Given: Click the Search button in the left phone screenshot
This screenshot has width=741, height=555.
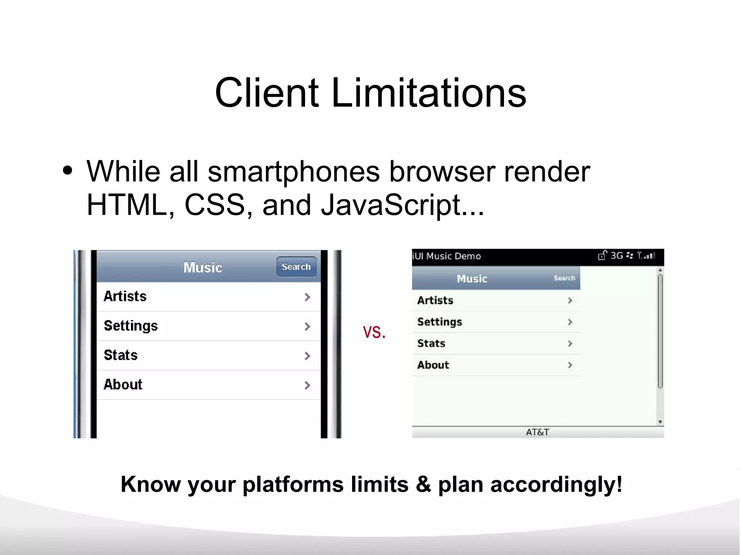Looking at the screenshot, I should [x=296, y=267].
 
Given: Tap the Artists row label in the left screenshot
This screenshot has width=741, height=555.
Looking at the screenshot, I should [x=125, y=296].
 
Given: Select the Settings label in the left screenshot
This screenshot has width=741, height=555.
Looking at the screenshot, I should [x=131, y=326].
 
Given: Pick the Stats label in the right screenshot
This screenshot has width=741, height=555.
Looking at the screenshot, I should [x=431, y=343].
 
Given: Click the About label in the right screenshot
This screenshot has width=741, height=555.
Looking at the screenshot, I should [x=433, y=365].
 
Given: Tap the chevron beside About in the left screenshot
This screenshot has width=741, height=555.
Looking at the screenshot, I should [x=307, y=385].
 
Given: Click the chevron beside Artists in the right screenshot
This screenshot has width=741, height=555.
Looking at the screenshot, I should [x=570, y=300].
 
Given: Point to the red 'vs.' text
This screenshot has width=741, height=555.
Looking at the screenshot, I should [x=374, y=332].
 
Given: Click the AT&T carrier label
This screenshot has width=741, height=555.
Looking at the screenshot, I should [x=538, y=432].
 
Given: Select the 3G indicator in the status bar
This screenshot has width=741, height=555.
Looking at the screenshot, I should [x=617, y=256].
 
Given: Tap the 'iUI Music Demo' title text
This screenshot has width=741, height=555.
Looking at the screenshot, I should [x=447, y=256].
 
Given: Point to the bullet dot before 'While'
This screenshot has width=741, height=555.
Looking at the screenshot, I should [x=68, y=171].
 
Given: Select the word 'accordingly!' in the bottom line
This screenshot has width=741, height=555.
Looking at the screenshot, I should [x=556, y=484].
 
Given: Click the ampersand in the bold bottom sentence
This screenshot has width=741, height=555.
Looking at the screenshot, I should [x=423, y=484].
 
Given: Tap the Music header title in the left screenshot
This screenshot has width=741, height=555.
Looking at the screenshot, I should [x=203, y=268].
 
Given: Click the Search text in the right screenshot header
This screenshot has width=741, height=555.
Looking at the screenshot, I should [x=564, y=278].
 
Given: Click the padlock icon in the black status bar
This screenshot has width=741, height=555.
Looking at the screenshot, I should [x=602, y=255].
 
